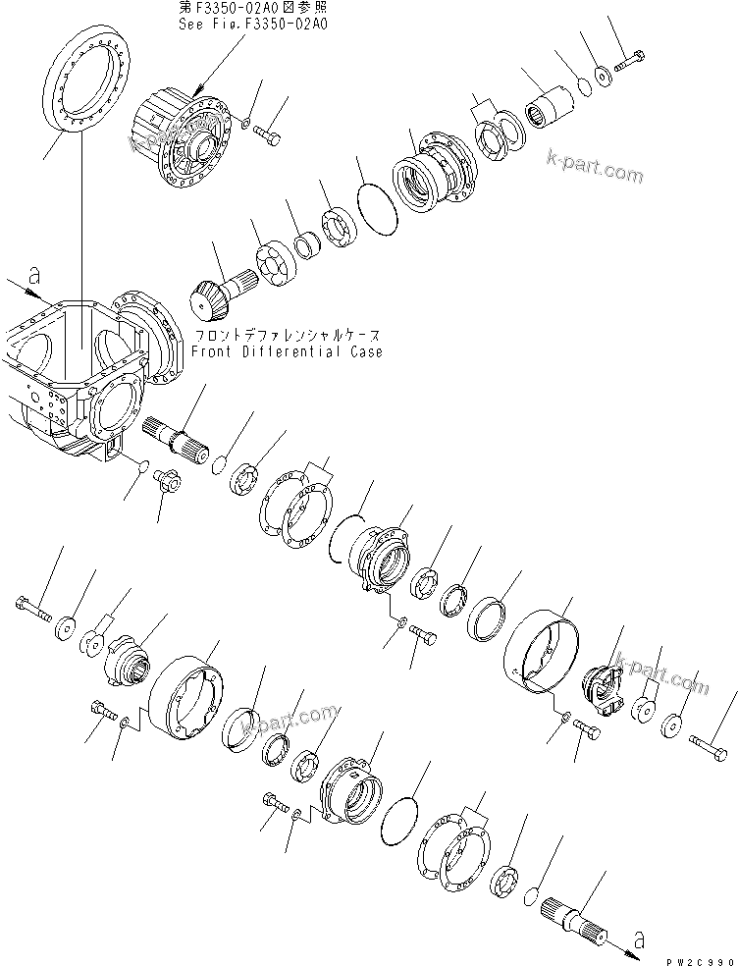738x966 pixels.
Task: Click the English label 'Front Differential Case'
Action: pyautogui.click(x=288, y=351)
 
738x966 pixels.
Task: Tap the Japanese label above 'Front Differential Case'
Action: pyautogui.click(x=288, y=335)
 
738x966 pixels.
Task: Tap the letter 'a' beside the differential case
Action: pyautogui.click(x=35, y=278)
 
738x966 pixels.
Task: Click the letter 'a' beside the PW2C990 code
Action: pyautogui.click(x=639, y=940)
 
